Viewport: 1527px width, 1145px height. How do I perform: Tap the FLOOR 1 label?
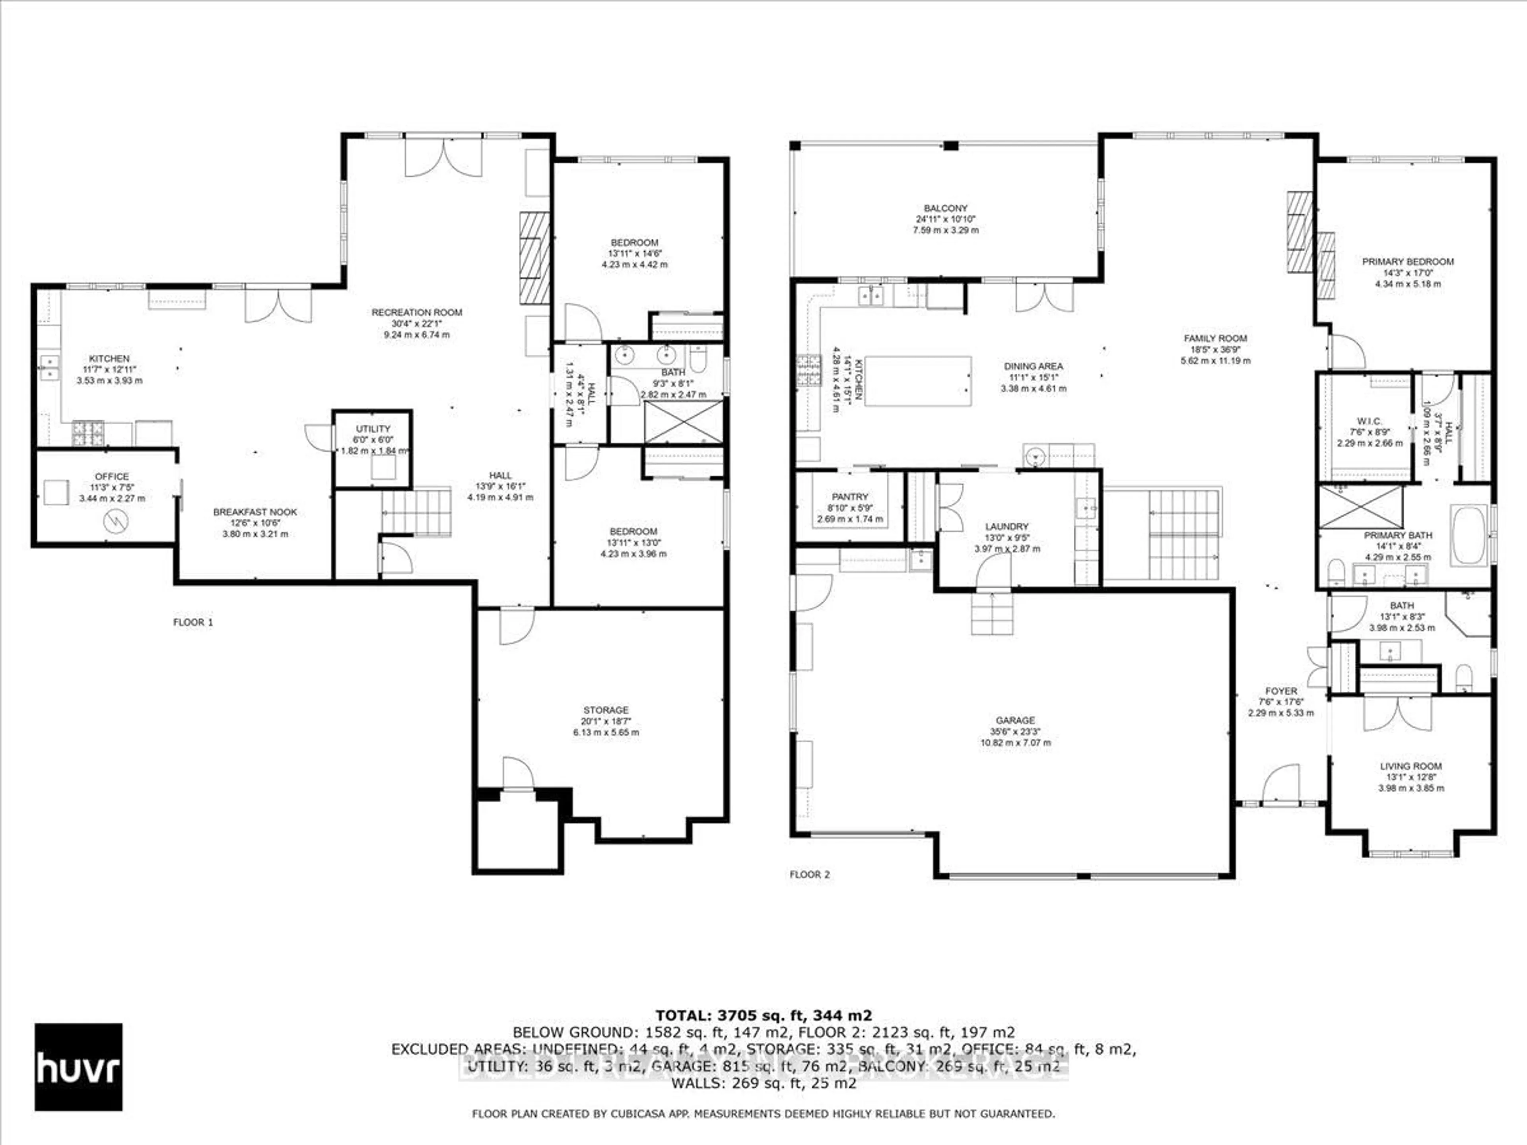tap(192, 622)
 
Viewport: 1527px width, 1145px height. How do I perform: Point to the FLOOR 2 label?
tap(809, 874)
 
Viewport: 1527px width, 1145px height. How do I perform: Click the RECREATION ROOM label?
tap(416, 312)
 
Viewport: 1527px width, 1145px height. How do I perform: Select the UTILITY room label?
tap(373, 429)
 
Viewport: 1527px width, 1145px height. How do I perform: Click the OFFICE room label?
tap(112, 476)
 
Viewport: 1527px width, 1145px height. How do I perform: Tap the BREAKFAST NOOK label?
tap(255, 512)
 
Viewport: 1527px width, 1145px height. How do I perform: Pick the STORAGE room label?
tap(605, 710)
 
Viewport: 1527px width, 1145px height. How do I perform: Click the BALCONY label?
tap(946, 208)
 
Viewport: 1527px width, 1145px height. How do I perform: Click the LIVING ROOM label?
tap(1410, 766)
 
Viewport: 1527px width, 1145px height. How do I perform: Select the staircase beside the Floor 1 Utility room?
tap(416, 512)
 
